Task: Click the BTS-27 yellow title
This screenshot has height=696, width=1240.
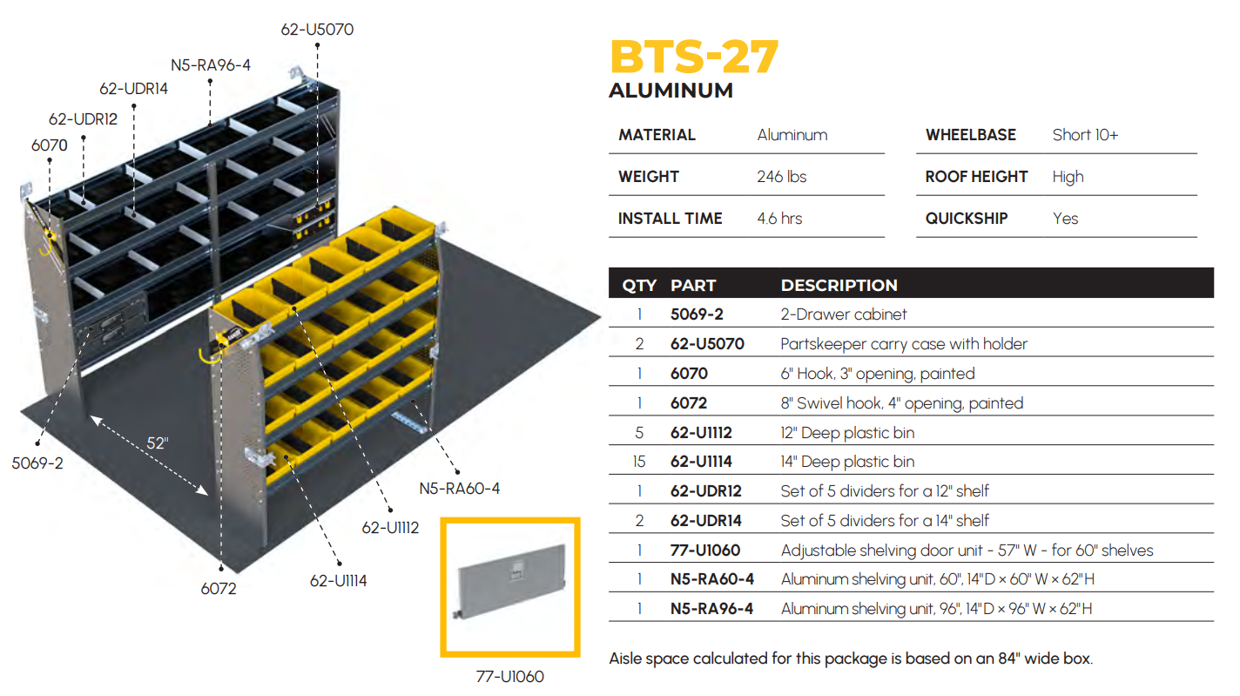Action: click(x=694, y=57)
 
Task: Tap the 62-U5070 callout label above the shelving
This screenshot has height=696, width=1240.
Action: click(x=317, y=30)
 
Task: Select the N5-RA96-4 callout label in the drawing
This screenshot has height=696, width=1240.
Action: click(x=211, y=65)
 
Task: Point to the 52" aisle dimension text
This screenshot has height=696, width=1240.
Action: click(x=158, y=443)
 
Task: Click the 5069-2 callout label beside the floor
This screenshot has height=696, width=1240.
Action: click(x=37, y=463)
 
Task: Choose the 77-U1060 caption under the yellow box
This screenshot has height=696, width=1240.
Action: click(x=509, y=677)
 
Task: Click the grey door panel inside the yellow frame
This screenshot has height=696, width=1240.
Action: click(x=511, y=580)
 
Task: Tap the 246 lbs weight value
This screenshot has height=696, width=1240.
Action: click(x=782, y=177)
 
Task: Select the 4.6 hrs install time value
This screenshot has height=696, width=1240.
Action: click(x=779, y=218)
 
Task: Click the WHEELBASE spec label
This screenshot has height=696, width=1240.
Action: click(x=970, y=135)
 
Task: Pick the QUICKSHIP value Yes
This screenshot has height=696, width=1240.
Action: click(x=1065, y=218)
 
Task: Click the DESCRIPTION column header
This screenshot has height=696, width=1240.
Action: click(x=839, y=285)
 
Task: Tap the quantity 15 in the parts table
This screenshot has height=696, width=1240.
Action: click(x=639, y=461)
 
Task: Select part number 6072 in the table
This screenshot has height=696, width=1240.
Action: click(x=689, y=403)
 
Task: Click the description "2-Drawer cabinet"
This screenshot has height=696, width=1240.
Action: click(x=844, y=314)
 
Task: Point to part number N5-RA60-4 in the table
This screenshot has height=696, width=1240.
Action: click(x=712, y=579)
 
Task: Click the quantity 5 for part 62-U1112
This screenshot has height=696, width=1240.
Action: click(x=639, y=432)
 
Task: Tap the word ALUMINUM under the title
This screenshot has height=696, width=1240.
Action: click(x=671, y=91)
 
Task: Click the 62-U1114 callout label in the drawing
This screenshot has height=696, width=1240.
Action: click(x=338, y=581)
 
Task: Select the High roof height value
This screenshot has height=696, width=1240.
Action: click(x=1068, y=177)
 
